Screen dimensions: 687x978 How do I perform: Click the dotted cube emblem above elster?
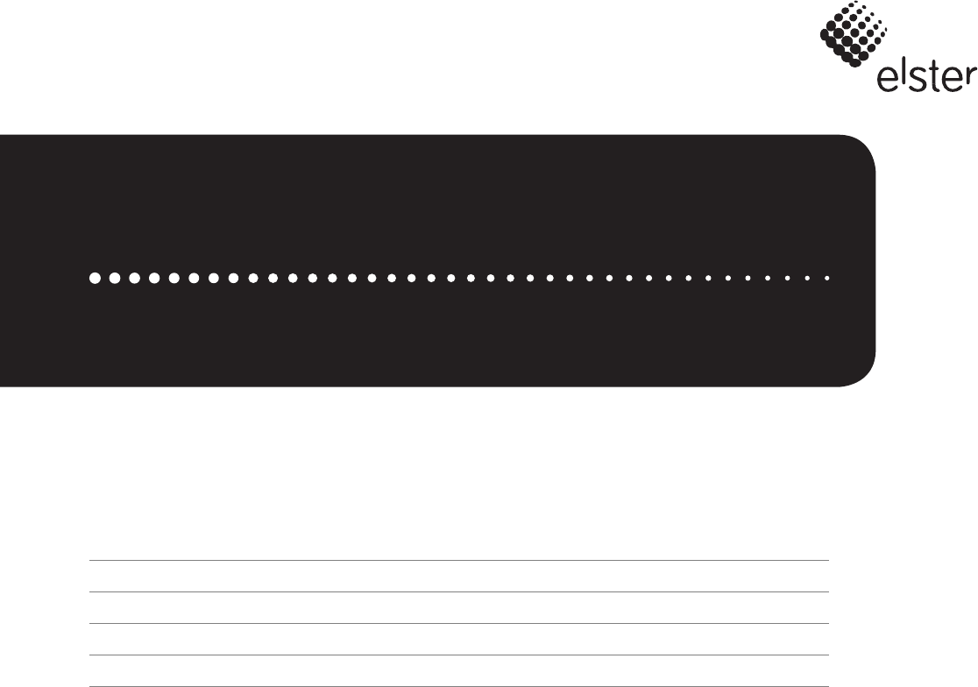pyautogui.click(x=848, y=34)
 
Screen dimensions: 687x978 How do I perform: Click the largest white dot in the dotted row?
pyautogui.click(x=95, y=278)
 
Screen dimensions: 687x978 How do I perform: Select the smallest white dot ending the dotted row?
pyautogui.click(x=827, y=278)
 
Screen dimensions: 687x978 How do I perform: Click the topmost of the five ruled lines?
pyautogui.click(x=458, y=561)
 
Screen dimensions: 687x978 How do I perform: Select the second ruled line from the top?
pyautogui.click(x=458, y=592)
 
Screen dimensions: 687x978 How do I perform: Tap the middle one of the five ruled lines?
pyautogui.click(x=458, y=624)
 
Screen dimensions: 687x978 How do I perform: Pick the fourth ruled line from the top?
pyautogui.click(x=458, y=655)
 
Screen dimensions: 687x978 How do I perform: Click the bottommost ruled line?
pyautogui.click(x=458, y=685)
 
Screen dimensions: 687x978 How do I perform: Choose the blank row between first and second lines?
pyautogui.click(x=458, y=577)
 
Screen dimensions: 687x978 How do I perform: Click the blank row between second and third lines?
pyautogui.click(x=458, y=608)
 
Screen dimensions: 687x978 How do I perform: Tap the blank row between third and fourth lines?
pyautogui.click(x=458, y=640)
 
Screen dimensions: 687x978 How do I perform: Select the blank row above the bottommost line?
pyautogui.click(x=458, y=670)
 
